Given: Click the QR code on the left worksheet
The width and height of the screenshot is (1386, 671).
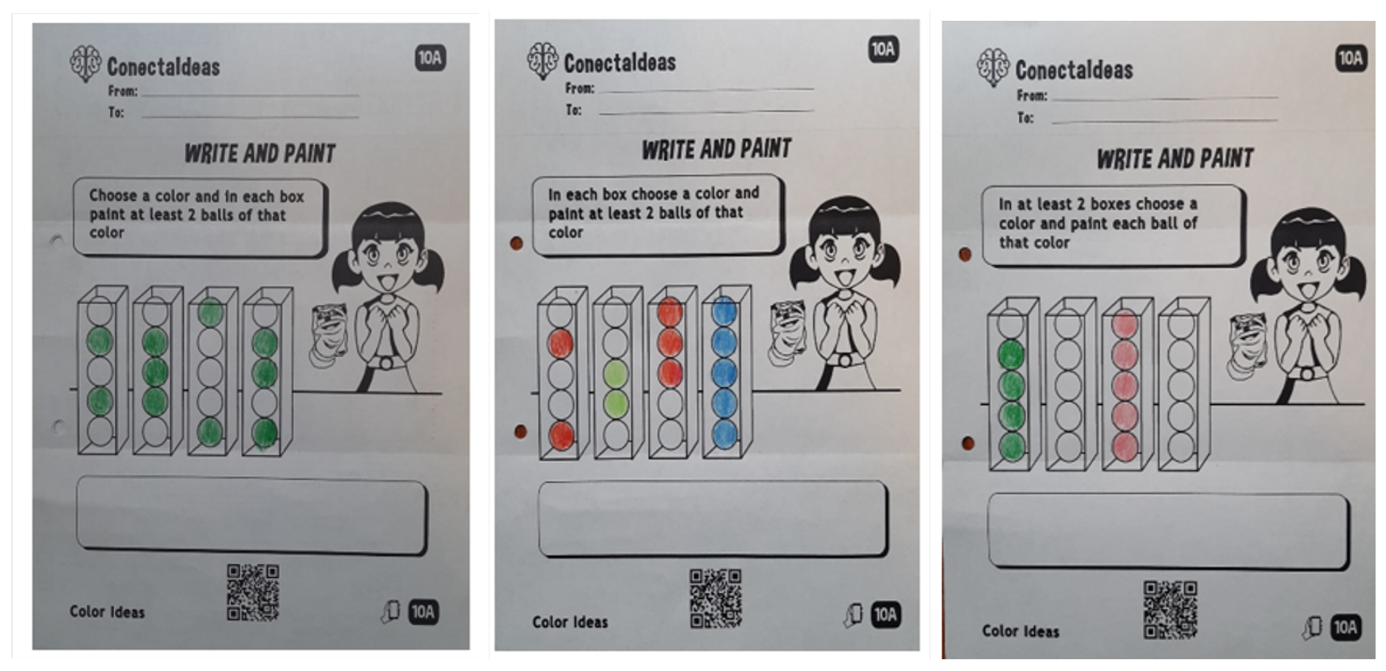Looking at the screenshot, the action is (253, 592).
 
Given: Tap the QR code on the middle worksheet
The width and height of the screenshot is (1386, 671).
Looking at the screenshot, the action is (716, 599).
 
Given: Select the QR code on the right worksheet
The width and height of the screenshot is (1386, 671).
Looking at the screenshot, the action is (1170, 610).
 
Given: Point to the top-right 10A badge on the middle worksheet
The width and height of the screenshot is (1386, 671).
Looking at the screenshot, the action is (883, 49).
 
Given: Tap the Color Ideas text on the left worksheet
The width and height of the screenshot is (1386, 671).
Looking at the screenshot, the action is (107, 612).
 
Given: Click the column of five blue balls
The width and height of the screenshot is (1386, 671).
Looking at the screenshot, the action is (724, 373).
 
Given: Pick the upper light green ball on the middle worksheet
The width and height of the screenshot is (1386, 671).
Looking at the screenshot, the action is (615, 374).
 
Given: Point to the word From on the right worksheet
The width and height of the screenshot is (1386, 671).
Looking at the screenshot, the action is (1031, 96).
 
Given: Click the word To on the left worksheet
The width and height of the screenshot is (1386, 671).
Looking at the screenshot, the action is (116, 113).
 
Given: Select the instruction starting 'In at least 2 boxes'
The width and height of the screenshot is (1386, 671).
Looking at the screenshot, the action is (1098, 223).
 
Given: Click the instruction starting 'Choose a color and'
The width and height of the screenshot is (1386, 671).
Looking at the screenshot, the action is (197, 214).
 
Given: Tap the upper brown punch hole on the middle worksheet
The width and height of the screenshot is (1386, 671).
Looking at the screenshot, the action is (516, 244).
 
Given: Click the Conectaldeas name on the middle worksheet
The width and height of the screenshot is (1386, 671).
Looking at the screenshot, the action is (620, 63).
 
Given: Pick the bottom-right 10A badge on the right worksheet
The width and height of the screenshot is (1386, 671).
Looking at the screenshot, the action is (1345, 627).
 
